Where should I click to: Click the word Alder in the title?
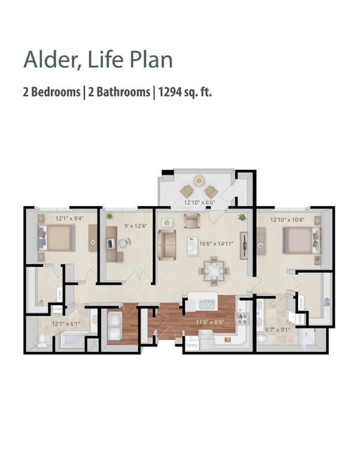(44, 60)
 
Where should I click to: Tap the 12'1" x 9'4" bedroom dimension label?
(69, 219)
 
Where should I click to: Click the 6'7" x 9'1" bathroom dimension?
(277, 328)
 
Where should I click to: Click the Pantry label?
(191, 346)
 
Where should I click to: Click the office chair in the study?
(124, 243)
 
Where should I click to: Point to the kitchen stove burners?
(242, 318)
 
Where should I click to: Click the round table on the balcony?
(199, 180)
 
